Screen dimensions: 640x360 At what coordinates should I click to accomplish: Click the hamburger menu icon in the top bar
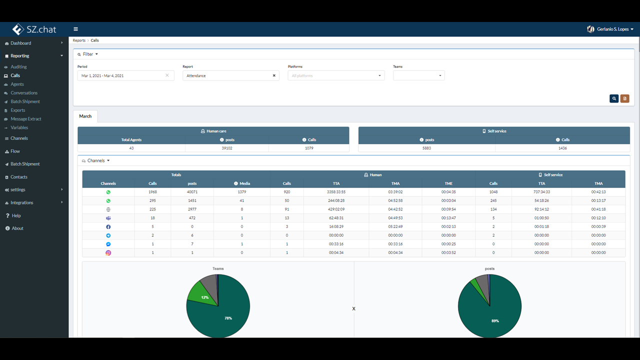pyautogui.click(x=75, y=29)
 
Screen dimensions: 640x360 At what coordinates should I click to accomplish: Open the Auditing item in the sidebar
pyautogui.click(x=18, y=67)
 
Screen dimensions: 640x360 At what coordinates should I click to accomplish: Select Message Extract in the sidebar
pyautogui.click(x=25, y=119)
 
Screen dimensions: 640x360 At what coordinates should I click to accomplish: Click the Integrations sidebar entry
pyautogui.click(x=21, y=202)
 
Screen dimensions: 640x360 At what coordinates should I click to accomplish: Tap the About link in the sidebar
pyautogui.click(x=17, y=228)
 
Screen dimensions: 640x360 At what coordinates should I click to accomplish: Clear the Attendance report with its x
pyautogui.click(x=274, y=75)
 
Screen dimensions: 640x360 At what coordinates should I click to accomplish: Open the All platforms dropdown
pyautogui.click(x=336, y=75)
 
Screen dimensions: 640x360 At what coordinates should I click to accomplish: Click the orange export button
pyautogui.click(x=624, y=98)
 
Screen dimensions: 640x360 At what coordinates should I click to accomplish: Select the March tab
pyautogui.click(x=85, y=116)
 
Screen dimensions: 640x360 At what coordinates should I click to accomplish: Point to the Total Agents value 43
pyautogui.click(x=131, y=148)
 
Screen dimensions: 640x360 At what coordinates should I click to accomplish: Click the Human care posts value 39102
pyautogui.click(x=227, y=148)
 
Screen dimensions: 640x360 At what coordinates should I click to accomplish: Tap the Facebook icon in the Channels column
pyautogui.click(x=108, y=227)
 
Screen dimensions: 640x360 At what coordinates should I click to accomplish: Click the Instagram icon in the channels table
pyautogui.click(x=108, y=253)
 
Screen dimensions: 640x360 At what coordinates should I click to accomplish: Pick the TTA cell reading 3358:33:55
pyautogui.click(x=336, y=192)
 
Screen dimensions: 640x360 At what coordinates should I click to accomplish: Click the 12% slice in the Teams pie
pyautogui.click(x=203, y=295)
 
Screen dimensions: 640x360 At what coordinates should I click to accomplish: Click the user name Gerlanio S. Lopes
pyautogui.click(x=613, y=29)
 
